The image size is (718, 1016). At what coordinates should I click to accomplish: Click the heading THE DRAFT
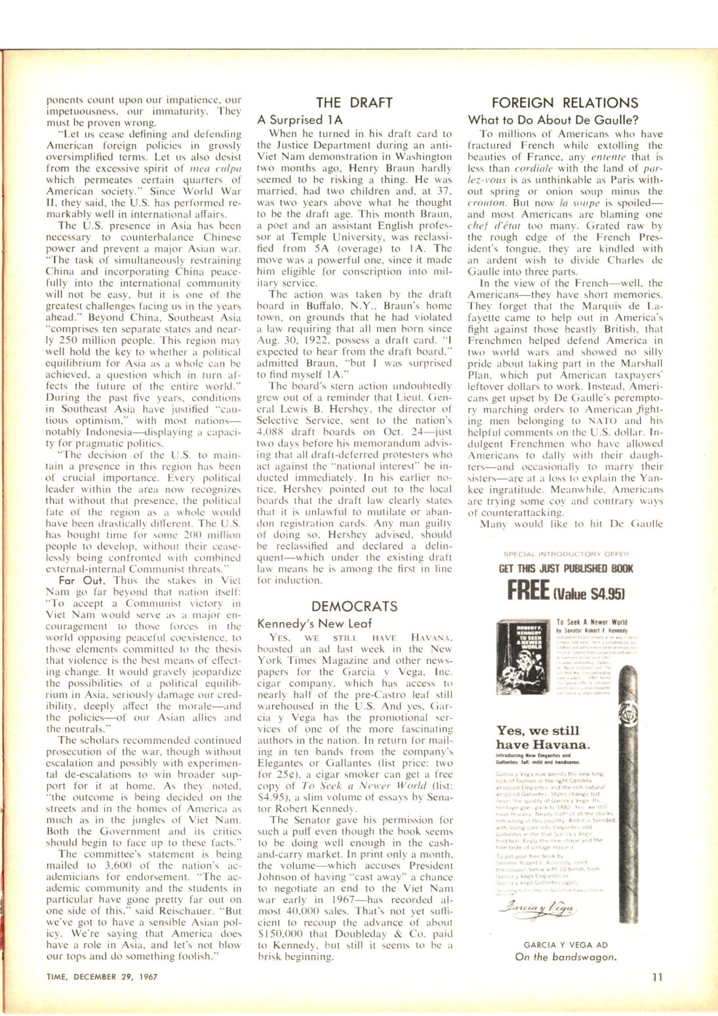(x=354, y=102)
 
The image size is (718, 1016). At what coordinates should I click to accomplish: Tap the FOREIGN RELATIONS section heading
(x=564, y=102)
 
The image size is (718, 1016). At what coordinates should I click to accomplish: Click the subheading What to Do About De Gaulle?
(x=553, y=119)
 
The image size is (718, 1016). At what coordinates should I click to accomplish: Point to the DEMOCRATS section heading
(x=354, y=606)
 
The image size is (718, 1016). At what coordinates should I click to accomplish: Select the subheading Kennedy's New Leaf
(x=314, y=623)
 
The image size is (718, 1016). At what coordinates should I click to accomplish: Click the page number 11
(x=658, y=977)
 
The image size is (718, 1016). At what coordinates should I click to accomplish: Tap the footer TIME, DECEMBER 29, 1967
(x=102, y=977)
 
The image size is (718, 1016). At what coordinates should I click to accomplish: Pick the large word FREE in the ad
(x=528, y=589)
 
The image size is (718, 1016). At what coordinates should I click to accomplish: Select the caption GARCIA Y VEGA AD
(x=565, y=945)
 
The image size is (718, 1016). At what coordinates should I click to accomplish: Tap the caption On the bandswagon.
(x=565, y=956)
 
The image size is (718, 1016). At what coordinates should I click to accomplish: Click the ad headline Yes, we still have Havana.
(x=542, y=737)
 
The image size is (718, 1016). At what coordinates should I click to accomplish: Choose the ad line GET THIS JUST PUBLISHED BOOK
(x=566, y=568)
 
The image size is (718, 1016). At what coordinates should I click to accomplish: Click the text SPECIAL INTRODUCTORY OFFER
(x=565, y=553)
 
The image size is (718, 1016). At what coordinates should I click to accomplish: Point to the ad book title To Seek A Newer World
(x=591, y=622)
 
